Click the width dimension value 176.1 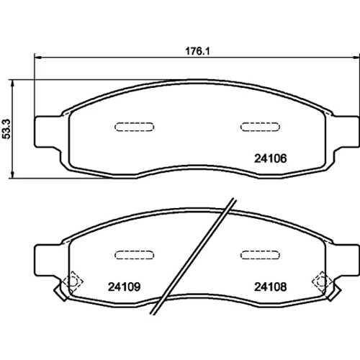pyautogui.click(x=197, y=51)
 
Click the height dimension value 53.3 pyautogui.click(x=6, y=129)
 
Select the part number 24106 pyautogui.click(x=271, y=158)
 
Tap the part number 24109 pyautogui.click(x=124, y=287)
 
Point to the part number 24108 pyautogui.click(x=271, y=287)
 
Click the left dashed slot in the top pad pyautogui.click(x=135, y=127)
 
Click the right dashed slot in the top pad pyautogui.click(x=260, y=127)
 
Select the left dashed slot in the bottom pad pyautogui.click(x=135, y=255)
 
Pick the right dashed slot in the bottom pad pyautogui.click(x=260, y=255)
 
